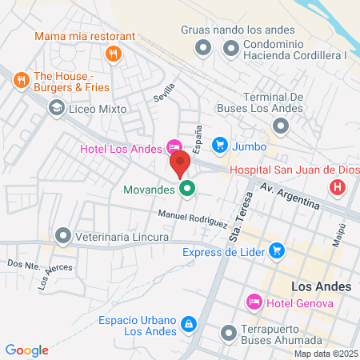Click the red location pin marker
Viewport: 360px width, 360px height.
click(179, 163)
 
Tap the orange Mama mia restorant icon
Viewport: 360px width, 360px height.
click(114, 54)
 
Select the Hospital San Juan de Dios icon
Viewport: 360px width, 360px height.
click(338, 188)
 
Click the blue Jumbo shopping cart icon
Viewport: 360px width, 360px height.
click(218, 145)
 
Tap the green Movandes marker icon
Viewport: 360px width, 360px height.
click(187, 190)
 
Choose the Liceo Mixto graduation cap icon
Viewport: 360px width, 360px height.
click(57, 107)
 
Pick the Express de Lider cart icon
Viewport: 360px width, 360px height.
click(277, 251)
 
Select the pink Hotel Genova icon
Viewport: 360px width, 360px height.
click(254, 301)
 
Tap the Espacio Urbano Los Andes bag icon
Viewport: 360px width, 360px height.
click(188, 324)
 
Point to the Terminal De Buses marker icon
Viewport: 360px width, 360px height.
click(281, 126)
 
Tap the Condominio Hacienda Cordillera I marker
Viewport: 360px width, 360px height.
click(231, 50)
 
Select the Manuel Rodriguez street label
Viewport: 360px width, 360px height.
click(192, 218)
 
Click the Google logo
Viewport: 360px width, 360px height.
click(26, 350)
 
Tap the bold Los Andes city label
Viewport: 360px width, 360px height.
click(314, 286)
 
